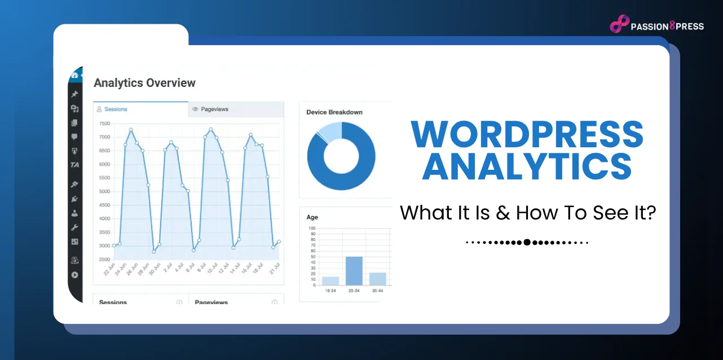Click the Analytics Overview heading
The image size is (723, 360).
pyautogui.click(x=144, y=83)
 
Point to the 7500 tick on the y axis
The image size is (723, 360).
pyautogui.click(x=104, y=124)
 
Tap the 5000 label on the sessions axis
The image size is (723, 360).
pyautogui.click(x=104, y=192)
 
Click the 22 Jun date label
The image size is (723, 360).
pyautogui.click(x=110, y=270)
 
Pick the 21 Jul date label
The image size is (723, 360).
pyautogui.click(x=273, y=270)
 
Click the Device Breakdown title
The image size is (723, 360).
pyautogui.click(x=334, y=112)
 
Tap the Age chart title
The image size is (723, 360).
pyautogui.click(x=312, y=217)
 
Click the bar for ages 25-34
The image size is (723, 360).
pyautogui.click(x=354, y=271)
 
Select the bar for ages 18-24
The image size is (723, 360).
pyautogui.click(x=330, y=280)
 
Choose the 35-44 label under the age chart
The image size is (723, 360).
pyautogui.click(x=377, y=291)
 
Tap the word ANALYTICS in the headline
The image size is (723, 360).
pyautogui.click(x=527, y=166)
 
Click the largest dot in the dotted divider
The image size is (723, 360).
pyautogui.click(x=527, y=243)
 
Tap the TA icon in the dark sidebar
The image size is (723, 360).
pyautogui.click(x=74, y=165)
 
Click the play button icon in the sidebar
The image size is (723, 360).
pyautogui.click(x=74, y=275)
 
